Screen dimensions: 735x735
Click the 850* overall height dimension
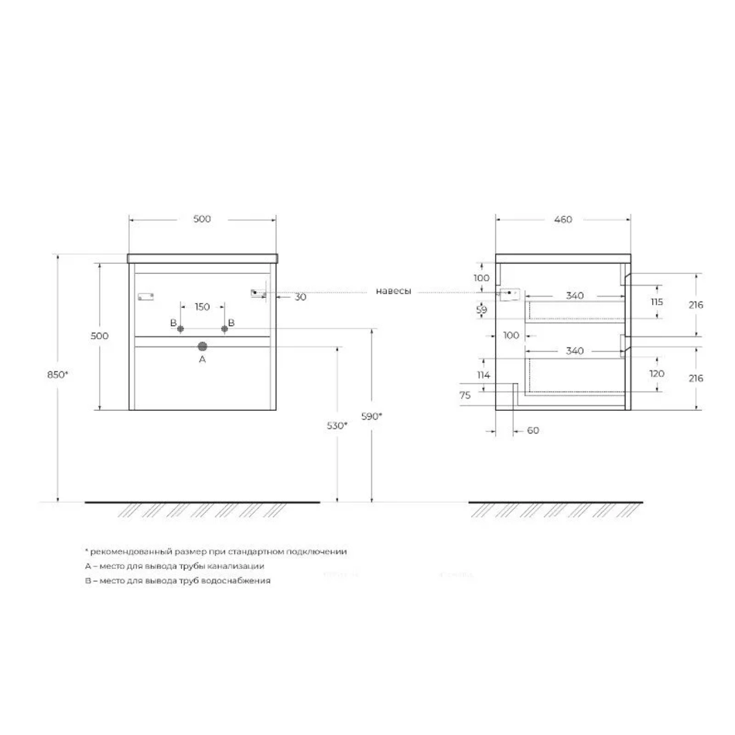[x=58, y=374]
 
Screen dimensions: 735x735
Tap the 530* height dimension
[x=337, y=426]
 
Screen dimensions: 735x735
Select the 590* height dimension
[x=371, y=415]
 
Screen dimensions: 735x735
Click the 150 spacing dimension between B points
[x=202, y=306]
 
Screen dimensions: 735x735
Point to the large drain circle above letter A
[x=203, y=347]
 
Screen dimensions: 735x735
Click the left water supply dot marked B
[x=180, y=329]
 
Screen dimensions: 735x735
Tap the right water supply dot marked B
[x=224, y=329]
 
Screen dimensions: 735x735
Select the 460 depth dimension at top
[x=563, y=219]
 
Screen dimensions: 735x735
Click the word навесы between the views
[x=393, y=291]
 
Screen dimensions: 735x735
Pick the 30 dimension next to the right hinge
[x=300, y=297]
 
